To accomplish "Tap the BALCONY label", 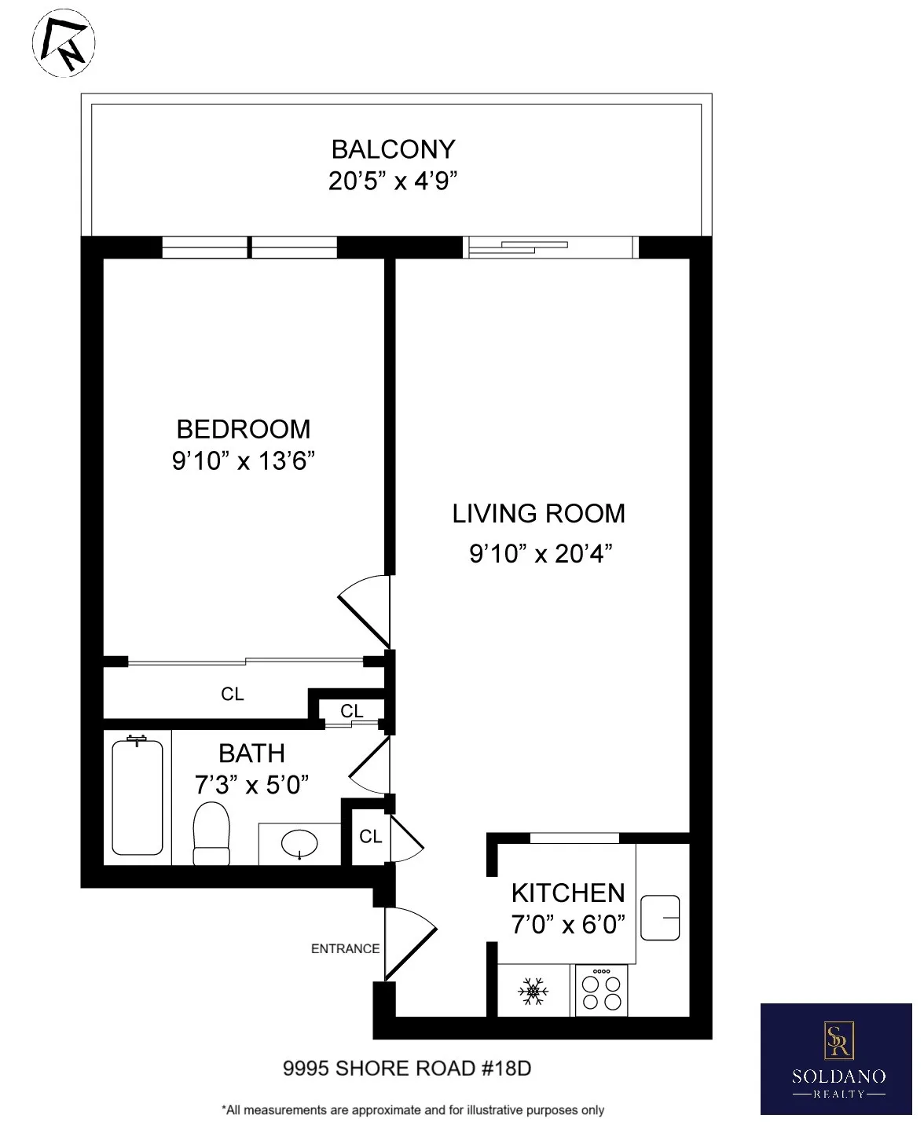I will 393,148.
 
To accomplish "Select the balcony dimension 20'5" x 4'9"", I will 393,181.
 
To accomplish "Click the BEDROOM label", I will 244,429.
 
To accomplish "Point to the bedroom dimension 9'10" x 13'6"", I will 244,460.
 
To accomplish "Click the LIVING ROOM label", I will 539,514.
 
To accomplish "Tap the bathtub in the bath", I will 137,797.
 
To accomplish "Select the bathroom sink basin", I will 299,845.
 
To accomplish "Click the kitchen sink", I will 660,917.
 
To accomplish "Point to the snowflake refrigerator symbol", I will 533,992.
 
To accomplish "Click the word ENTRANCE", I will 345,949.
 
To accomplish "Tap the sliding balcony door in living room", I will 550,247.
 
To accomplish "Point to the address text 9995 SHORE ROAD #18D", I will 407,1069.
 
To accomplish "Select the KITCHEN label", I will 568,893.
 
